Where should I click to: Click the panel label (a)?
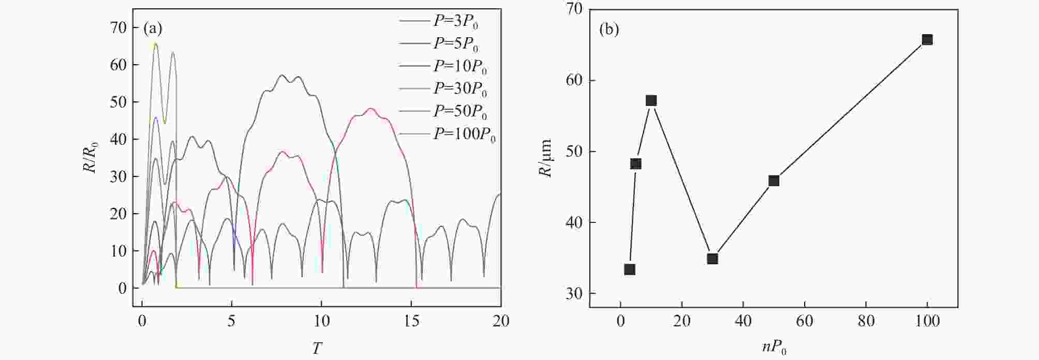coord(153,28)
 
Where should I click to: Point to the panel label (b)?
coord(609,29)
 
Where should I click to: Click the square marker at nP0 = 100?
coord(927,40)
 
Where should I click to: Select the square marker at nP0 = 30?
coord(713,259)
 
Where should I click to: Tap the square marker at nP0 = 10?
coord(651,100)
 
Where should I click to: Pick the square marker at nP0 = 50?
coord(774,181)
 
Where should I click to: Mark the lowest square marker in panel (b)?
coord(630,269)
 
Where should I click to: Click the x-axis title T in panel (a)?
coord(317,348)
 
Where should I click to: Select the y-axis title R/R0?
coord(93,158)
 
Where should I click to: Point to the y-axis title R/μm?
coord(546,158)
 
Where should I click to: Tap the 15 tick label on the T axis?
coord(411,321)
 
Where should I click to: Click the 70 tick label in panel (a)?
coord(118,27)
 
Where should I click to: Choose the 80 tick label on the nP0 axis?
coord(866,321)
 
